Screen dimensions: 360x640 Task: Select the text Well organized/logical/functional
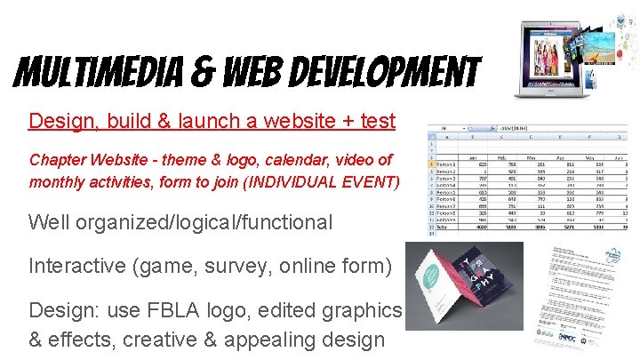point(180,222)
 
